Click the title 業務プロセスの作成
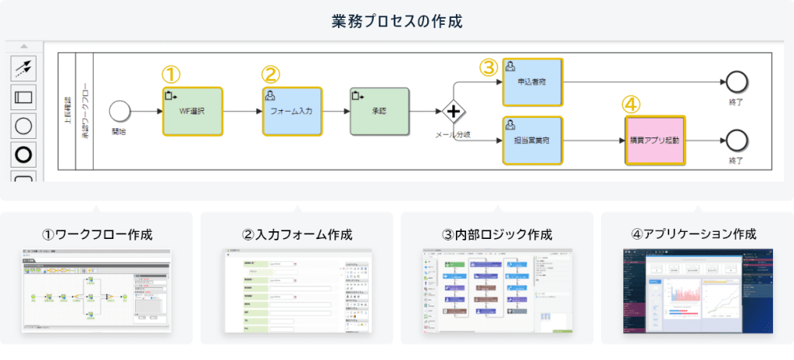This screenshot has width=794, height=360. click(396, 21)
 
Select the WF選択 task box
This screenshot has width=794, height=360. click(192, 111)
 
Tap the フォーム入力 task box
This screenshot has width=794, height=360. click(292, 111)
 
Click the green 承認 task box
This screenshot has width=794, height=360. click(379, 111)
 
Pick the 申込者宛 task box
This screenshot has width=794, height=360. click(533, 81)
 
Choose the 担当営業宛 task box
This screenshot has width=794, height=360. click(533, 140)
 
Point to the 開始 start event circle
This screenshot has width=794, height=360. click(119, 111)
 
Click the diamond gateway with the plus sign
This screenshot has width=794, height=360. click(454, 112)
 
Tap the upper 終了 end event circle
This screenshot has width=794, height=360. click(735, 81)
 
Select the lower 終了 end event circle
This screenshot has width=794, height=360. click(735, 140)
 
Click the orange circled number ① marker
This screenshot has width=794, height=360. click(171, 74)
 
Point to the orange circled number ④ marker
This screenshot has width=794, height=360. click(632, 104)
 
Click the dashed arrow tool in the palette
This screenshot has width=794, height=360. click(24, 68)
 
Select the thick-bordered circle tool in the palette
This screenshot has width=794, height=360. click(24, 154)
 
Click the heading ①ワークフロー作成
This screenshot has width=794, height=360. click(97, 234)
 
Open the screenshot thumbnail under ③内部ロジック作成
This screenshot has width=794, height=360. click(497, 291)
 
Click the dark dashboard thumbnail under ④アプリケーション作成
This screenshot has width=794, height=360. click(697, 291)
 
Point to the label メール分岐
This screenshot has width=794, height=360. click(454, 135)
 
